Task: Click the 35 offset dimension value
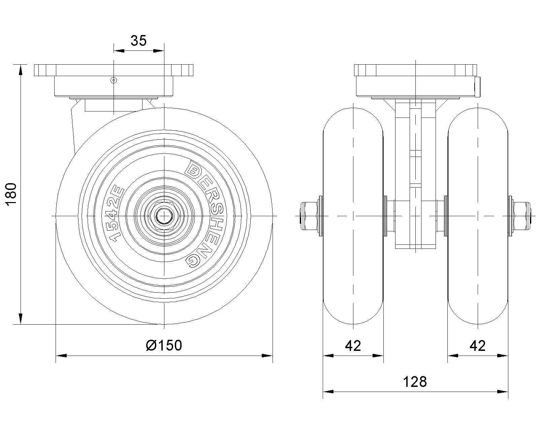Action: (x=138, y=40)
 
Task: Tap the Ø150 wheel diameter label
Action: (x=164, y=345)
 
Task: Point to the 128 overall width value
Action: (x=415, y=382)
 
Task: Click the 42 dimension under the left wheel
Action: (x=353, y=345)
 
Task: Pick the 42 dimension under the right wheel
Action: (x=478, y=345)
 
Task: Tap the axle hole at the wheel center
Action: (x=164, y=216)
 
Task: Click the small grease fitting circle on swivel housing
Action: (x=114, y=80)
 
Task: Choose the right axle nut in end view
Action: (x=521, y=216)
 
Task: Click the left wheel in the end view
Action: (x=353, y=216)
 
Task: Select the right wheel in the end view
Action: (x=478, y=216)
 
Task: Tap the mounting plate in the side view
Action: (x=114, y=70)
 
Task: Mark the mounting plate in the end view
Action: (x=415, y=70)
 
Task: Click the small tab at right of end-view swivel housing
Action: (x=478, y=87)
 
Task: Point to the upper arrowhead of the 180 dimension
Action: (x=21, y=70)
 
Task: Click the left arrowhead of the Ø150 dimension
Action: (x=61, y=355)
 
